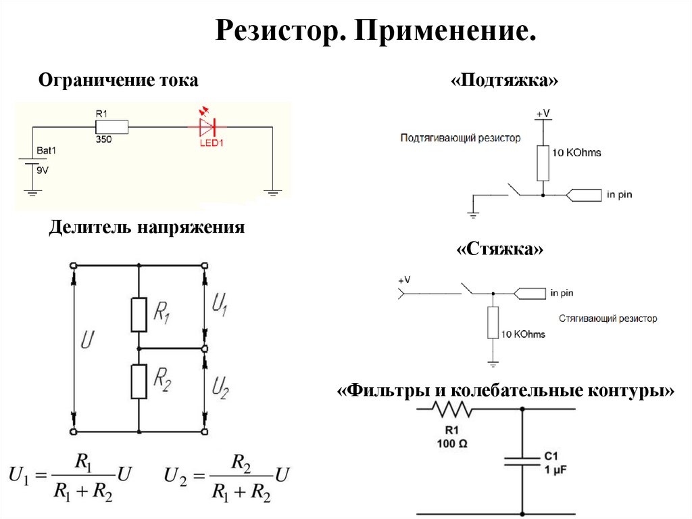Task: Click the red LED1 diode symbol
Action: [207, 127]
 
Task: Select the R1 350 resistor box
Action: [112, 127]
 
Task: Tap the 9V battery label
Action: [43, 171]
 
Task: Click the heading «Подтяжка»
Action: [504, 80]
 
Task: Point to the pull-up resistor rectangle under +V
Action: [543, 162]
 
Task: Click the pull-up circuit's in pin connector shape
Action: [583, 195]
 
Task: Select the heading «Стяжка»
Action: [499, 249]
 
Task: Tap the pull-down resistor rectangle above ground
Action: [493, 323]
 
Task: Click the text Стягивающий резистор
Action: [608, 318]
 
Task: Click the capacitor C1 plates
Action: [522, 461]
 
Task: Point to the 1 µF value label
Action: [555, 470]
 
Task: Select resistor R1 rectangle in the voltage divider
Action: [139, 315]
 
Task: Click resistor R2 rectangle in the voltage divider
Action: [139, 382]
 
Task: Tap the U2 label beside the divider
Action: [220, 388]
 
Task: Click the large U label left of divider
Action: [87, 340]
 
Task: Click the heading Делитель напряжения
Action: [147, 227]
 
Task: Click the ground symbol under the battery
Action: [32, 192]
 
